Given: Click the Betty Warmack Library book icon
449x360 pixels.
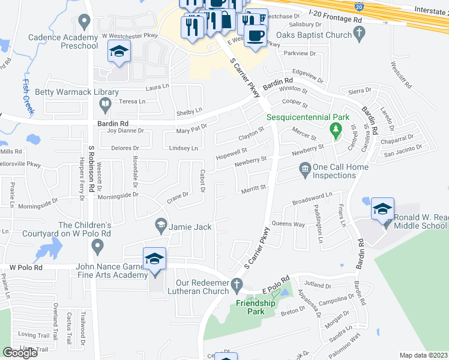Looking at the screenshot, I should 105,106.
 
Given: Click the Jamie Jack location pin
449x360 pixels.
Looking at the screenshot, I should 160,226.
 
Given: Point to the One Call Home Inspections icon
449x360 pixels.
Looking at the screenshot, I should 305,172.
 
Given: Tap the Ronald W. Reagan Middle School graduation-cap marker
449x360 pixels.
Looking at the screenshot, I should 382,210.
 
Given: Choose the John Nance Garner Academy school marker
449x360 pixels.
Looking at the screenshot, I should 154,260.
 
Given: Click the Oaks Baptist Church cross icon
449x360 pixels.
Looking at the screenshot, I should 360,34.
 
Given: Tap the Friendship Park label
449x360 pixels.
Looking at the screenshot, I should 255,302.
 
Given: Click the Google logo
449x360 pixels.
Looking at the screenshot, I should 20,352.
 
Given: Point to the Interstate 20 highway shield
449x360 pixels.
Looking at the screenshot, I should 358,7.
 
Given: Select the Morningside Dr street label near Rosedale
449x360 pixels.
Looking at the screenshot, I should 118,194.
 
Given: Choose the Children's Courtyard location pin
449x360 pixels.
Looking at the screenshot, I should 99,245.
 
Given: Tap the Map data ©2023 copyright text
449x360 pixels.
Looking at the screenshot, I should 423,355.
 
